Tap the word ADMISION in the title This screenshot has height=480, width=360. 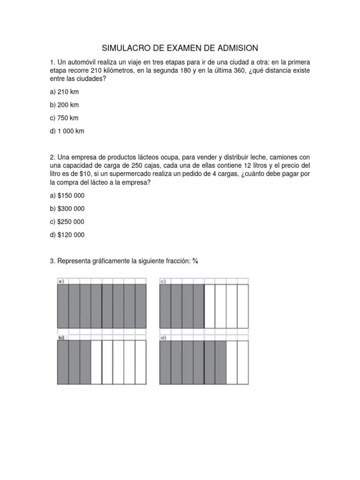[x=236, y=48]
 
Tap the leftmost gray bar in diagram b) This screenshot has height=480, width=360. [x=63, y=362]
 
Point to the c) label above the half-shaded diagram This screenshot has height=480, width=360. [x=164, y=281]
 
